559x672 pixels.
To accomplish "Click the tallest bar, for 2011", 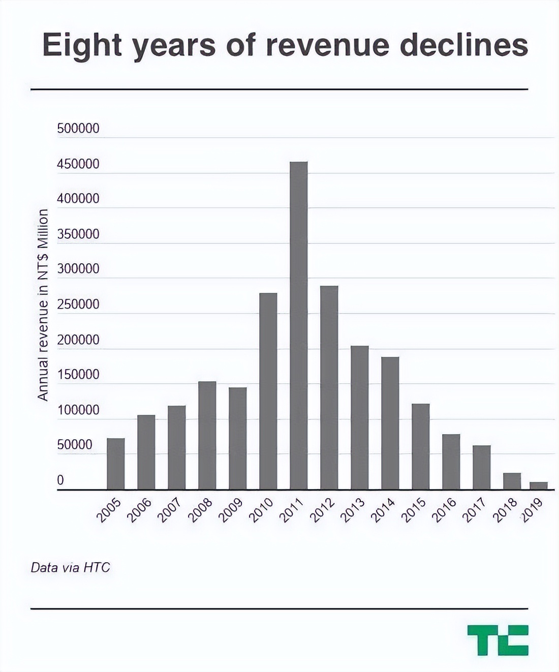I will point(298,325).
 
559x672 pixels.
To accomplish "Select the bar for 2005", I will point(115,464).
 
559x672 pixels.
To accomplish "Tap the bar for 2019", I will point(538,485).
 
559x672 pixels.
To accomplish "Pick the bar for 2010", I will point(268,391).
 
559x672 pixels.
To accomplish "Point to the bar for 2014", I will point(390,423).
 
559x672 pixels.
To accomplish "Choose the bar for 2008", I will point(207,435).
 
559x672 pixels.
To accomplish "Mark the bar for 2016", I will point(451,462).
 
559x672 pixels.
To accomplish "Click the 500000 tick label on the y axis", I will point(78,129).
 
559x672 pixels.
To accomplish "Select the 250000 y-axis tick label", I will point(78,304).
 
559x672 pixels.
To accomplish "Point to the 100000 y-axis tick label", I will point(78,410).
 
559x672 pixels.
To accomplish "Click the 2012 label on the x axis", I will point(323,510).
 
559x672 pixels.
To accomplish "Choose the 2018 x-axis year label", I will point(505,510).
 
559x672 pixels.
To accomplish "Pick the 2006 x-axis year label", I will point(139,510).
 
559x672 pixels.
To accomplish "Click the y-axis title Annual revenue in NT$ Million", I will point(43,304).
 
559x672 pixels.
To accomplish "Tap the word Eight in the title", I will point(82,46).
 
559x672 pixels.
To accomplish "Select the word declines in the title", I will point(463,45).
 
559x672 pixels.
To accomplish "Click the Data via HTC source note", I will point(70,567).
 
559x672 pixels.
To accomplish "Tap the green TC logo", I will point(498,640).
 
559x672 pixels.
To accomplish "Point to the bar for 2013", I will point(359,417).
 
